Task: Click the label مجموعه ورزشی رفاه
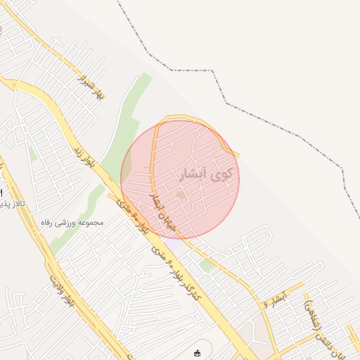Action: coord(72,222)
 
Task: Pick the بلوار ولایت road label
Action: coord(60,292)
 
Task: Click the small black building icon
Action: coord(198,353)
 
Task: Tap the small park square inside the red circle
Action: coord(181,195)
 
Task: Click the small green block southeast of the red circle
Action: coord(205,264)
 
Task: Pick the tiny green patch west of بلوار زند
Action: coord(32,153)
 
